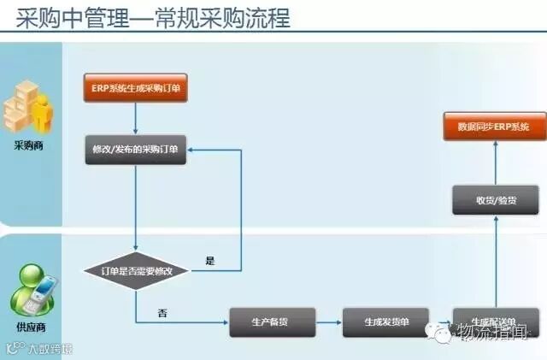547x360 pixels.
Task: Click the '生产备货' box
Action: click(272, 322)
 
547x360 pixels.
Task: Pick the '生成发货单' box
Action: click(385, 322)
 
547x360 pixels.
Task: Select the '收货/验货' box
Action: click(496, 201)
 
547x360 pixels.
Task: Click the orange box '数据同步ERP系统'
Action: click(493, 127)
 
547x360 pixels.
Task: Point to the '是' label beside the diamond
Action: click(210, 258)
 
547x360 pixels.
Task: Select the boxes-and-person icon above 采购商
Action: click(28, 109)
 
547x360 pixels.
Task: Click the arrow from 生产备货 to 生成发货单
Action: click(328, 322)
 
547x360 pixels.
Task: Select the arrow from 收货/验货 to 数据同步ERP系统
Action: click(495, 163)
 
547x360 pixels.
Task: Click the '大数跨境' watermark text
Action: click(50, 349)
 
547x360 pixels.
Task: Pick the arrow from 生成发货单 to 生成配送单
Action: click(439, 322)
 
